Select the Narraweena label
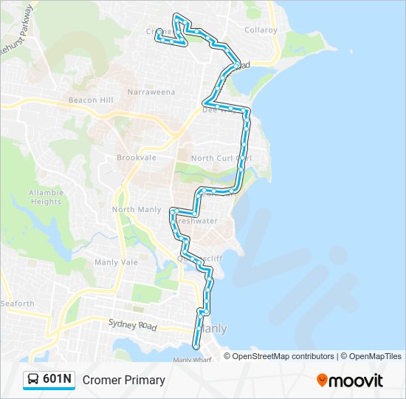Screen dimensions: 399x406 coord(151,92)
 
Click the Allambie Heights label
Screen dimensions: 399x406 coord(45,197)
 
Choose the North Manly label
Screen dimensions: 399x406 coord(136,210)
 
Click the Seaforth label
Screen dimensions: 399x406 coord(17,304)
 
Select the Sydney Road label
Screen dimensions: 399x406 coord(133,324)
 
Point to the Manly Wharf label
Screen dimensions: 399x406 coord(192,360)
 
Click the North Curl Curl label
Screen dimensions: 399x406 coord(221,158)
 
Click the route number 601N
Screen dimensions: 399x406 coord(58,380)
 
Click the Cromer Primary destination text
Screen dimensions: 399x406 coord(124,381)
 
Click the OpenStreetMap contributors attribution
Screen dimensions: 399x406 coord(283,356)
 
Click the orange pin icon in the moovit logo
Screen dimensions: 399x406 coord(323,381)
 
